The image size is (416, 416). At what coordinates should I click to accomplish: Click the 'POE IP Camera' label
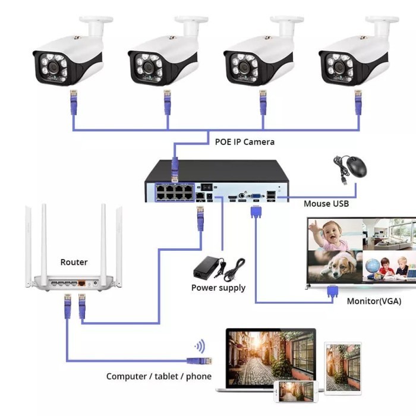pyautogui.click(x=245, y=142)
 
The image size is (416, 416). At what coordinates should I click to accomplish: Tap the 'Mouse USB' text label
pyautogui.click(x=326, y=204)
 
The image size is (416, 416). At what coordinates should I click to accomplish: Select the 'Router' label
pyautogui.click(x=74, y=262)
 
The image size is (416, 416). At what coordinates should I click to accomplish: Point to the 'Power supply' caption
pyautogui.click(x=218, y=288)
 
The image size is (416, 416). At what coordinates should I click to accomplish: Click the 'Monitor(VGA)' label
pyautogui.click(x=374, y=301)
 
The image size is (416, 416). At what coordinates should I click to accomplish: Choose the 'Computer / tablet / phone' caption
pyautogui.click(x=159, y=376)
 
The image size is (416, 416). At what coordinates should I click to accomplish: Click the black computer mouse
pyautogui.click(x=356, y=168)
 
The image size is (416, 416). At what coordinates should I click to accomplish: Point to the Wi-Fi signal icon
pyautogui.click(x=200, y=346)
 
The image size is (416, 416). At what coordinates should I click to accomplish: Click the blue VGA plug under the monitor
pyautogui.click(x=332, y=292)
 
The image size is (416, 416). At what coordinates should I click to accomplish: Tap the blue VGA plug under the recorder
pyautogui.click(x=256, y=212)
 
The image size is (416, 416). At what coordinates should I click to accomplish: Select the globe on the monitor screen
pyautogui.click(x=374, y=266)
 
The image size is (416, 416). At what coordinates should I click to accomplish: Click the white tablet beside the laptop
pyautogui.click(x=342, y=366)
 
